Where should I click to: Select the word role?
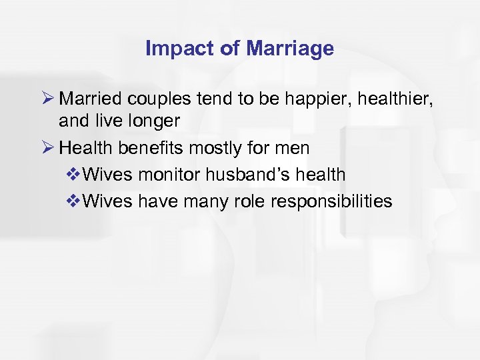pos(247,201)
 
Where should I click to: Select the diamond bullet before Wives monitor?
pos(75,175)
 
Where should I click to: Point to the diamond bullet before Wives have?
pos(75,201)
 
